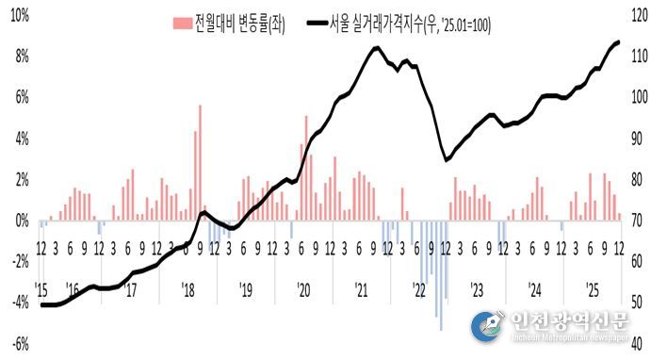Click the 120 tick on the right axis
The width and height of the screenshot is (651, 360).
[x=632, y=15]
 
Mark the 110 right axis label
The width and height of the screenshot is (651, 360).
[x=632, y=57]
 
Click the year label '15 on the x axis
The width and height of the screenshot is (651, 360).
[x=42, y=288]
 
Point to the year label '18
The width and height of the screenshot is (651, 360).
[x=187, y=288]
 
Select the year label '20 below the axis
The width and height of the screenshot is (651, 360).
[x=303, y=288]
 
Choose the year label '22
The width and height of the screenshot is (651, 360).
[x=419, y=288]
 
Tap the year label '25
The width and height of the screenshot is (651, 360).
[x=593, y=288]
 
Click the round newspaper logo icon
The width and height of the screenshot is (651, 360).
[x=486, y=325]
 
